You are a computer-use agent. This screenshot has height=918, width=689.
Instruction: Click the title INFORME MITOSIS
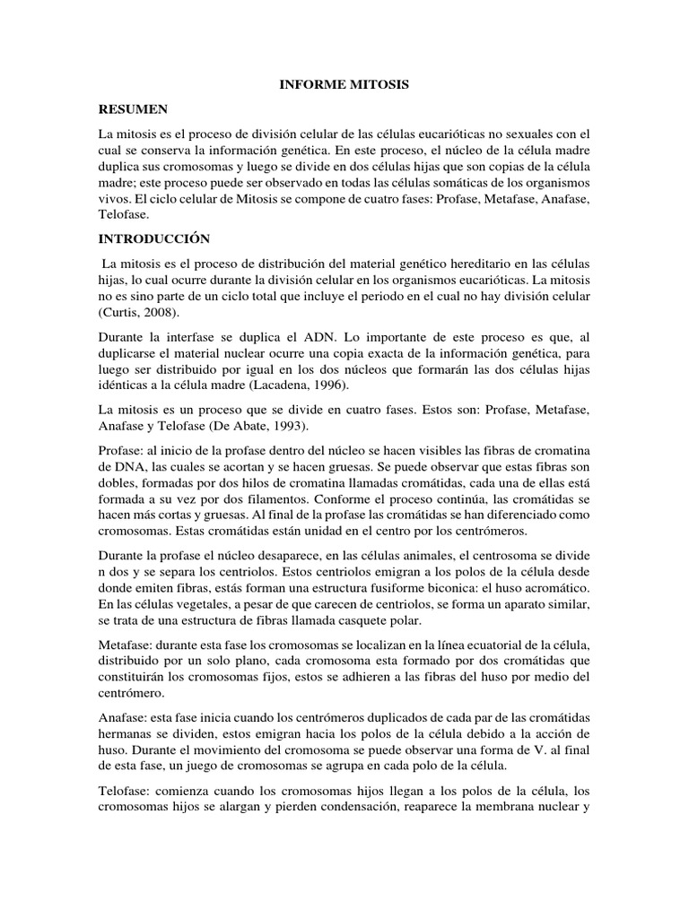click(344, 84)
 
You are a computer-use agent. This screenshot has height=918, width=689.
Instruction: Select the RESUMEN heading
click(134, 108)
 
